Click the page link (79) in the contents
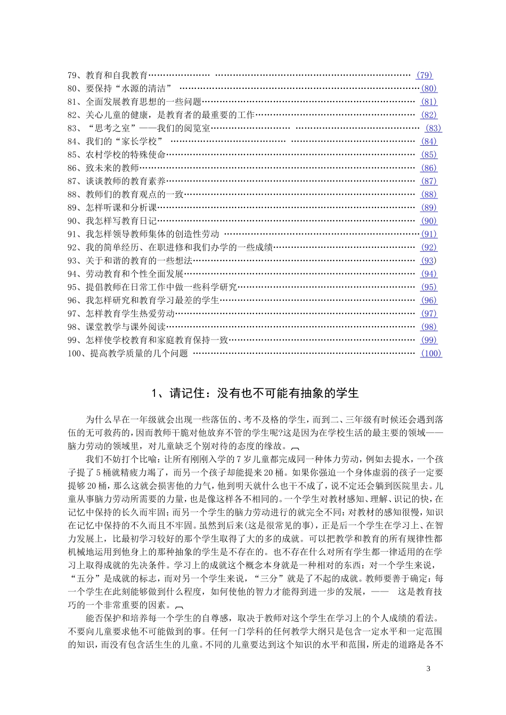[x=425, y=76]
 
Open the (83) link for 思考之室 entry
[x=434, y=128]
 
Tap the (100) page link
[x=431, y=353]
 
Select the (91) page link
[x=429, y=234]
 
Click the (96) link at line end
[x=429, y=301]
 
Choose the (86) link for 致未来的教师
[x=429, y=168]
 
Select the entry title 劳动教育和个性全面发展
[x=134, y=274]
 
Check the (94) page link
[x=429, y=274]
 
